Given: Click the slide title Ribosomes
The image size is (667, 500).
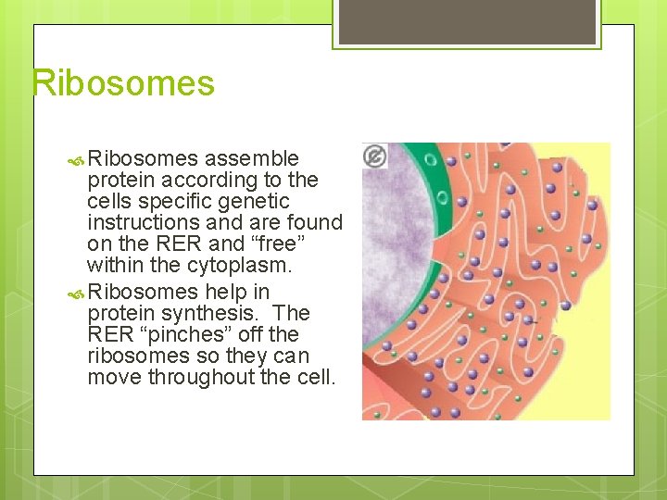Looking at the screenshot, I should tap(123, 83).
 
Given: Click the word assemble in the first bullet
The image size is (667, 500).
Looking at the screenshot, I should tap(251, 158).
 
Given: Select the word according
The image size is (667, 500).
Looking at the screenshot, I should tap(210, 180).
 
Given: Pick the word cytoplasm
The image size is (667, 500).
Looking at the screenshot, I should tap(238, 265).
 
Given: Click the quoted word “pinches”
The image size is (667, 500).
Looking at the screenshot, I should tap(194, 334).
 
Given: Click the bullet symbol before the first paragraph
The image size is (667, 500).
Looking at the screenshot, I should tap(77, 159).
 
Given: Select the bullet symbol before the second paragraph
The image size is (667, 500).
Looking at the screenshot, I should tap(77, 293).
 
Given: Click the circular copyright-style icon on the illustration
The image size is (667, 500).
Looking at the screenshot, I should tap(375, 156).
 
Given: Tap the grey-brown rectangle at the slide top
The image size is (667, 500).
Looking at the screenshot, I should tap(467, 21).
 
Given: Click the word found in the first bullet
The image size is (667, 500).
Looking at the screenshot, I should tap(317, 222).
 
